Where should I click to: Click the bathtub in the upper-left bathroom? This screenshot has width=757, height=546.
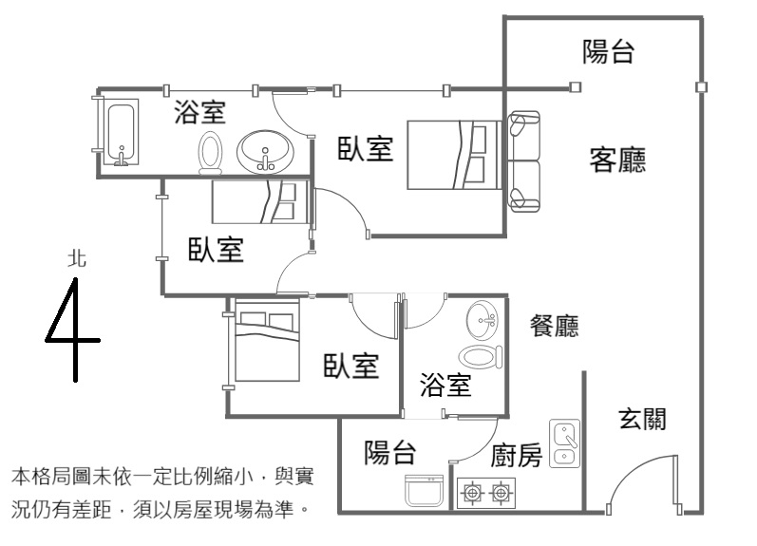point(121,135)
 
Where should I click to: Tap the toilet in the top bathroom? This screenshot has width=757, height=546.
point(210,152)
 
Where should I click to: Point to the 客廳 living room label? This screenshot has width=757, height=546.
point(617,160)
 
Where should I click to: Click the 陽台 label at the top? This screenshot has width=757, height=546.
point(608,52)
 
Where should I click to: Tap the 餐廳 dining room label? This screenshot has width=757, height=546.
point(555,328)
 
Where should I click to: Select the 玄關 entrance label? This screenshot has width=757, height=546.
point(642,419)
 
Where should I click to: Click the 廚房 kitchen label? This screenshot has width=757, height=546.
point(517,457)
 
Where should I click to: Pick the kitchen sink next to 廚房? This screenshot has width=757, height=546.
point(565,444)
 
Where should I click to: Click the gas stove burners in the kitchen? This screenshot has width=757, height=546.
point(486,493)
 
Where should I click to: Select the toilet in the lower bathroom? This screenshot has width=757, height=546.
point(480,357)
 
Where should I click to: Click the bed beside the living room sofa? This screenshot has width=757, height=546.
point(453,155)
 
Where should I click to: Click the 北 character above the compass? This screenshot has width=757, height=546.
point(77,257)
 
